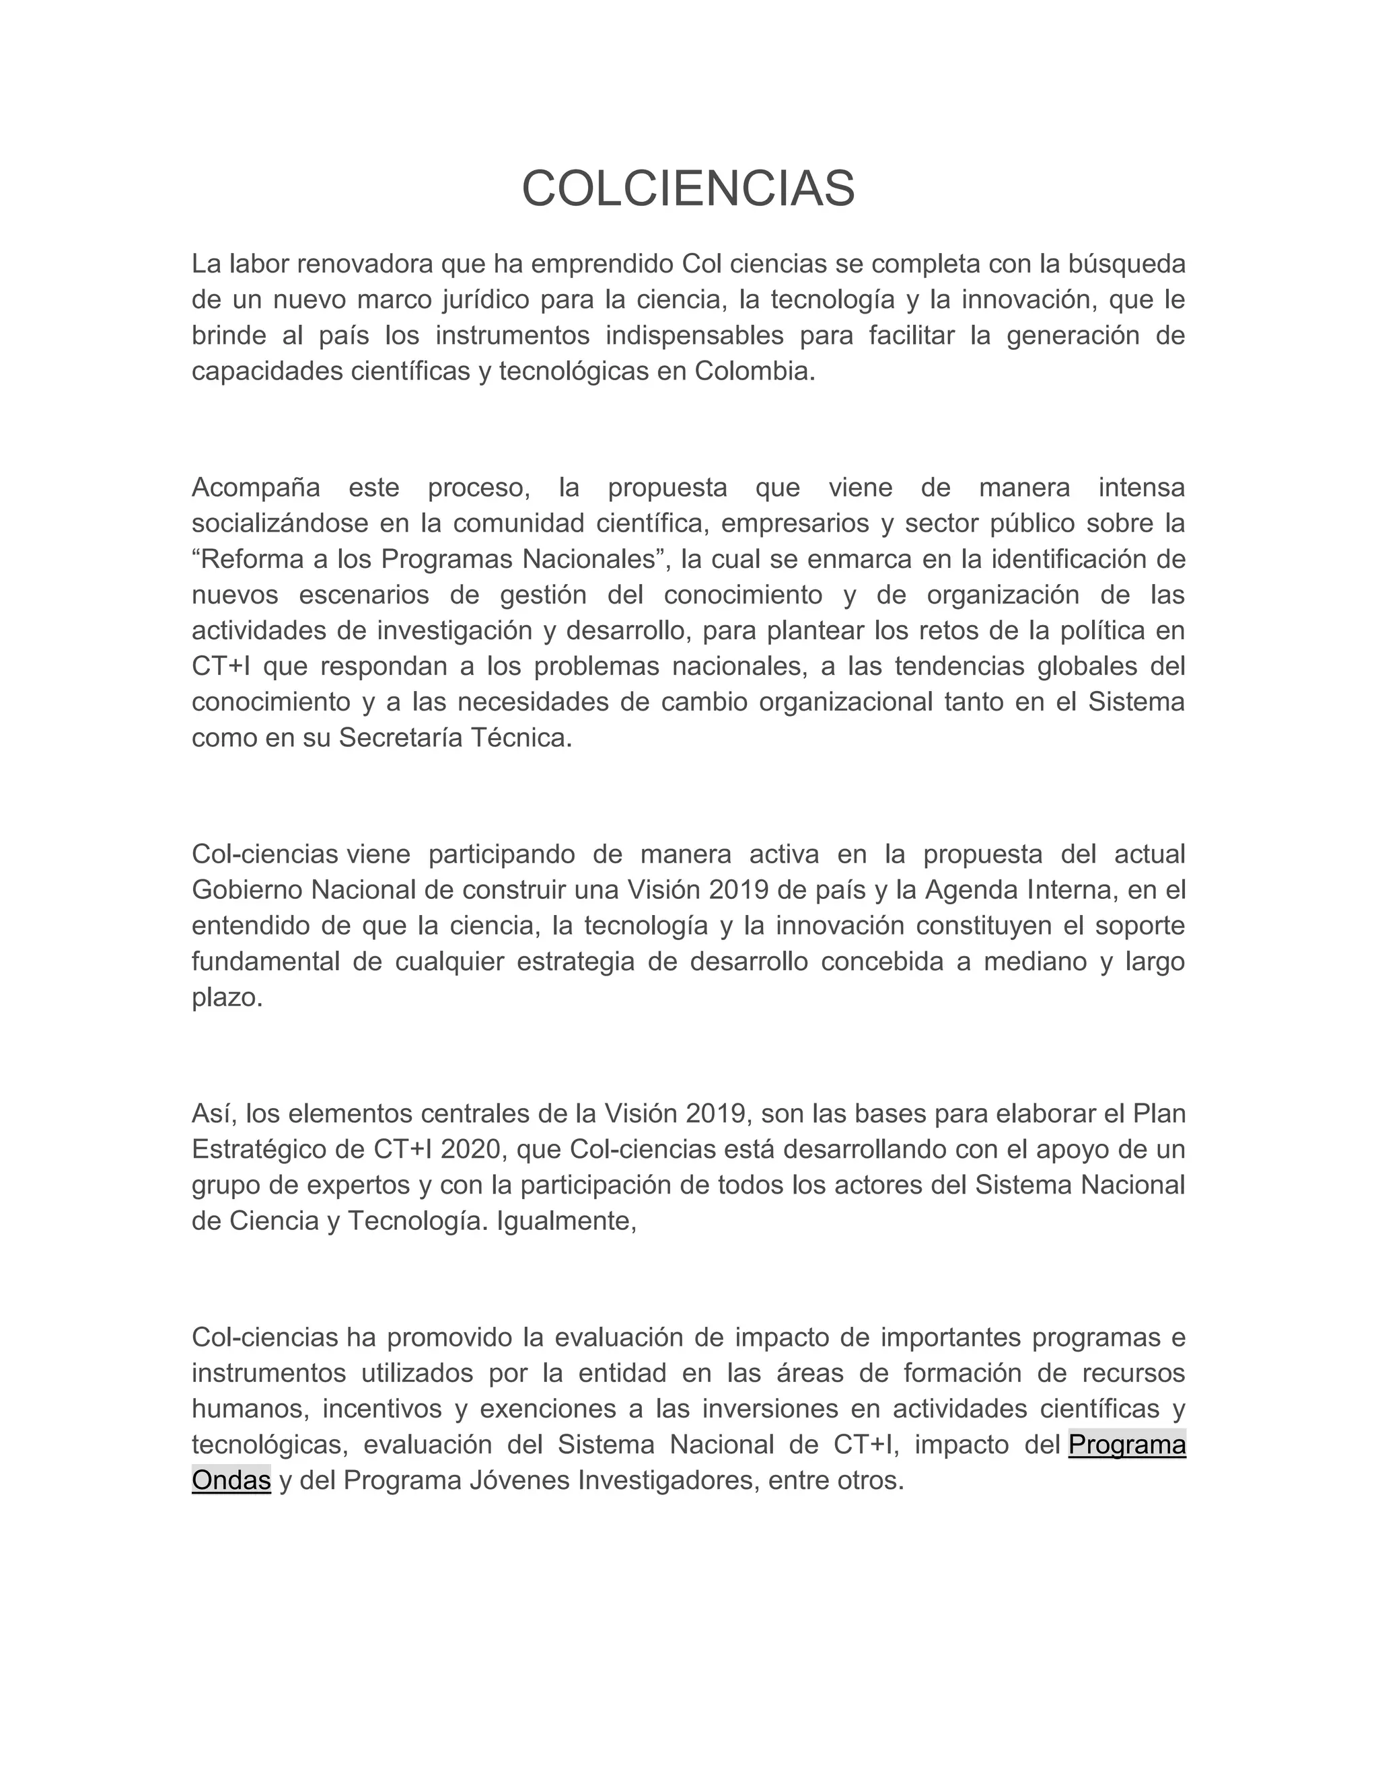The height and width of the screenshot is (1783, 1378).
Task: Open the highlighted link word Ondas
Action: tap(231, 1480)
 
